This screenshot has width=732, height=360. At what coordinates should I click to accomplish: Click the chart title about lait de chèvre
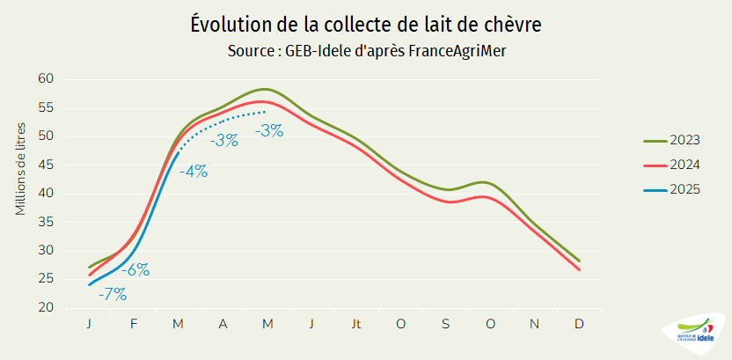[365, 25]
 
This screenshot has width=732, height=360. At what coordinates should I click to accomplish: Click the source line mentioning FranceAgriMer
[366, 51]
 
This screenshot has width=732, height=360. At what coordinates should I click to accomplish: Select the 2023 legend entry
[684, 140]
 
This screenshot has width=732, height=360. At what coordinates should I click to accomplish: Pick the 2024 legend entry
[684, 165]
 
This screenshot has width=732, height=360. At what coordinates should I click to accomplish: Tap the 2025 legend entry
[684, 189]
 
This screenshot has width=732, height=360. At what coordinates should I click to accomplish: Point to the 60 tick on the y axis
[47, 79]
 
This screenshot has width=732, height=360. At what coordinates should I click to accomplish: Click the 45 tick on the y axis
[47, 165]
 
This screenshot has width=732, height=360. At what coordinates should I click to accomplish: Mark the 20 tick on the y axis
[47, 308]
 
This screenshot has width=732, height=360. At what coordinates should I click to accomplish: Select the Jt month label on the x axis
[355, 324]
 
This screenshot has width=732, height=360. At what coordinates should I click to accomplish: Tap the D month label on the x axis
[579, 324]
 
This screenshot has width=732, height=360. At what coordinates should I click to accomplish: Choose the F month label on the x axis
[134, 324]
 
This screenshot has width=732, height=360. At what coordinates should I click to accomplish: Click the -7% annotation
[112, 294]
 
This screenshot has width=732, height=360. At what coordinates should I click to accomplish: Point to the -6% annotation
[135, 270]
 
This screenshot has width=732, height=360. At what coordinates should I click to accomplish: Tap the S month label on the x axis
[445, 324]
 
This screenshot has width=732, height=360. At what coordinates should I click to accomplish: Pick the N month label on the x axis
[534, 324]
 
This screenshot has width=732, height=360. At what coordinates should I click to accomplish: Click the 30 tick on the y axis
[47, 251]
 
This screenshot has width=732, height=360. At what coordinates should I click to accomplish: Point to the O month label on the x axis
[400, 324]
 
